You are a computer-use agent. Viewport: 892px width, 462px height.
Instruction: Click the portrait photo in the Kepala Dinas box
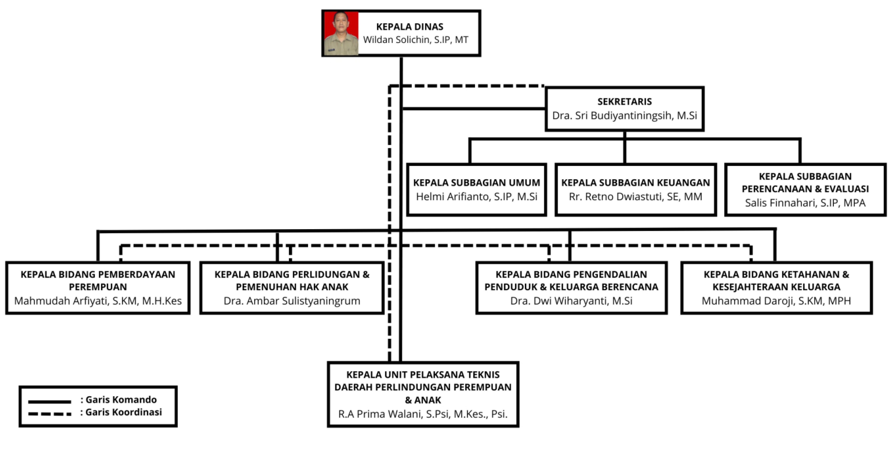(x=341, y=33)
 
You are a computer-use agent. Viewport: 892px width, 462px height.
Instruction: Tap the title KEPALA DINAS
(x=410, y=27)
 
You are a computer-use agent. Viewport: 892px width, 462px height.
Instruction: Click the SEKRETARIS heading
(x=624, y=101)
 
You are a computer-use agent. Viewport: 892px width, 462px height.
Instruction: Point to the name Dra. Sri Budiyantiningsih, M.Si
(x=624, y=115)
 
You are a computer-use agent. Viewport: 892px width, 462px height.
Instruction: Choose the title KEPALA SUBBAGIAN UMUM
(x=477, y=183)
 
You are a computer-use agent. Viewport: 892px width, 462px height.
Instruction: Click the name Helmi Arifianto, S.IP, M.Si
(x=477, y=197)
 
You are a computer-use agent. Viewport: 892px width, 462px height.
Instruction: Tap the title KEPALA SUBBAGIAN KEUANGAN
(x=635, y=183)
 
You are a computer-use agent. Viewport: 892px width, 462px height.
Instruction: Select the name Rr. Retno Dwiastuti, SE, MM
(x=635, y=197)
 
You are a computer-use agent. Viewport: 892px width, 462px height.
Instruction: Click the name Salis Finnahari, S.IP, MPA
(x=805, y=203)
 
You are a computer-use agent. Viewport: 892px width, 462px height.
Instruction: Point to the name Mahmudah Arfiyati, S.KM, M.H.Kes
(x=98, y=301)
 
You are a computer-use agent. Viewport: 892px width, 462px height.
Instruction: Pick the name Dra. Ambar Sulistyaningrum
(x=292, y=301)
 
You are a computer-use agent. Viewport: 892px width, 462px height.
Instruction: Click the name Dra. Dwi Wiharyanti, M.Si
(x=571, y=301)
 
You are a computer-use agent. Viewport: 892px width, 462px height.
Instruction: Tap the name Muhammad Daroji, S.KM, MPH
(x=776, y=301)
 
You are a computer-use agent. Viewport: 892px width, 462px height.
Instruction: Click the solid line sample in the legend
(x=50, y=402)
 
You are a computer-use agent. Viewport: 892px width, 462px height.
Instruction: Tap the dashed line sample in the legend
(x=50, y=414)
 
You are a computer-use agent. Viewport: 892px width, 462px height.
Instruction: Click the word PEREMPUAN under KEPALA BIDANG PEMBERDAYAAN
(x=98, y=287)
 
